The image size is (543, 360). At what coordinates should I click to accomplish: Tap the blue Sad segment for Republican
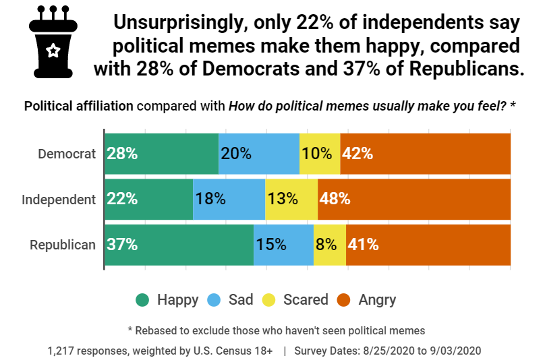[283, 245]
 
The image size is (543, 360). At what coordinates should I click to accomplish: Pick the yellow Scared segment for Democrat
[320, 154]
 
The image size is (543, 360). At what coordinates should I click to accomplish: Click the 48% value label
[335, 199]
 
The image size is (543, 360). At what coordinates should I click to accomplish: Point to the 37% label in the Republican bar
[122, 245]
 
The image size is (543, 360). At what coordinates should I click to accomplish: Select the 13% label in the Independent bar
[282, 199]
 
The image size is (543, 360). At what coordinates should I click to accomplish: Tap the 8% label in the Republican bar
[326, 245]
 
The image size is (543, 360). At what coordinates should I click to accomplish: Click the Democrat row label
[67, 154]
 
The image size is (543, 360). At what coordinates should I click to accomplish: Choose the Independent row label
[59, 200]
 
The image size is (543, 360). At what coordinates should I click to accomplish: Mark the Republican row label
[63, 245]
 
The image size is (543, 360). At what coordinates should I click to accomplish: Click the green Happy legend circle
[142, 300]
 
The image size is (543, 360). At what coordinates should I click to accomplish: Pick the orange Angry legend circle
[344, 300]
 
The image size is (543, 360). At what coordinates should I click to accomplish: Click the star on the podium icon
[53, 50]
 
